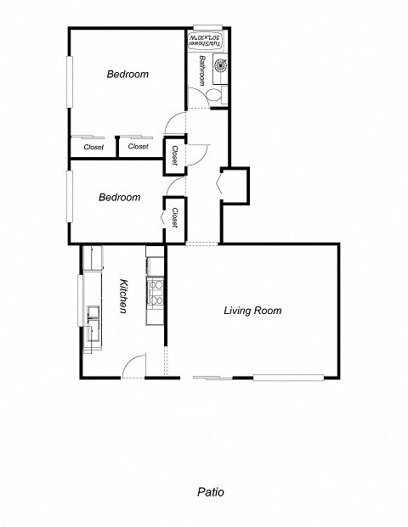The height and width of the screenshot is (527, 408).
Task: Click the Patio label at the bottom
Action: click(x=210, y=491)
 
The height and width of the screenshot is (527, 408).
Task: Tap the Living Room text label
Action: click(x=252, y=311)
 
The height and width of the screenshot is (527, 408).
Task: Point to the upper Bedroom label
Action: click(x=127, y=74)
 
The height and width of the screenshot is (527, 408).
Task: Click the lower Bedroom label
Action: click(x=119, y=198)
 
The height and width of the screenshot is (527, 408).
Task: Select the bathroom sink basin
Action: click(x=221, y=65)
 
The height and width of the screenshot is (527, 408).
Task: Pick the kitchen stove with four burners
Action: click(x=156, y=292)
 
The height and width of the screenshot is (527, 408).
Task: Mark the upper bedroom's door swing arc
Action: click(x=173, y=123)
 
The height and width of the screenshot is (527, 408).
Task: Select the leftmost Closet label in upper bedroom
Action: click(x=93, y=147)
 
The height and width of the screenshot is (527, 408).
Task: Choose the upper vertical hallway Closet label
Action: click(x=174, y=154)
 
